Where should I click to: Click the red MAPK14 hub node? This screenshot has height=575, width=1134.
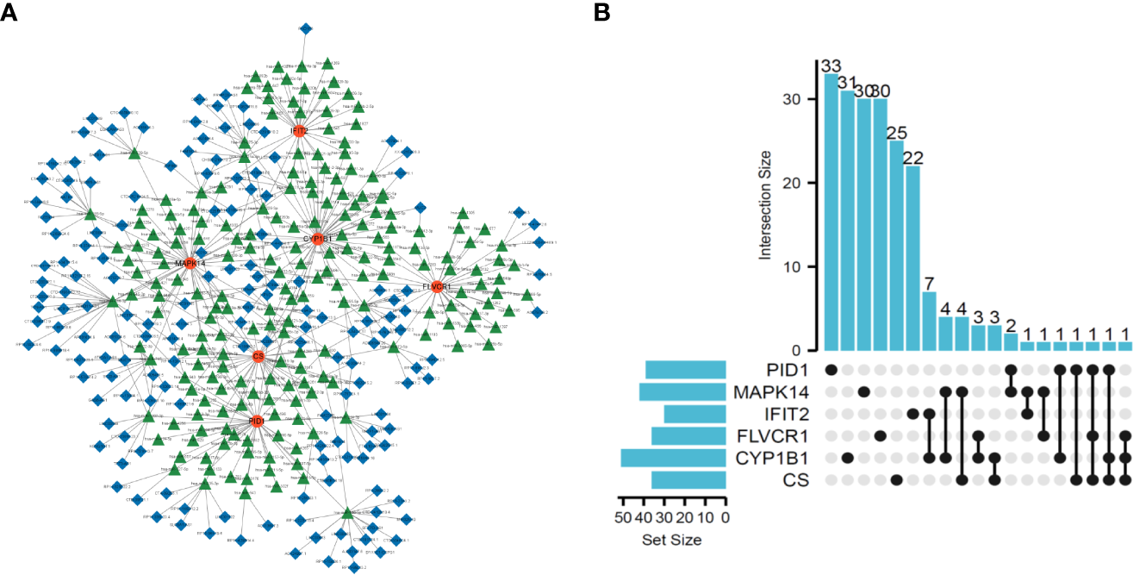(190, 263)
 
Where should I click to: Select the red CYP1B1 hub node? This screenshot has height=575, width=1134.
(317, 238)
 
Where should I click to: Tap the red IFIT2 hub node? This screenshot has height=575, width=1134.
(299, 131)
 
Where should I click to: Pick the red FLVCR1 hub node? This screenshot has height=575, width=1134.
(436, 286)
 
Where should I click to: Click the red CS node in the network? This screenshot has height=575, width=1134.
(258, 356)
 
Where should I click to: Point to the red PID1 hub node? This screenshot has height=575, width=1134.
(256, 421)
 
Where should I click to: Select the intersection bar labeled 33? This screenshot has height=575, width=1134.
(832, 212)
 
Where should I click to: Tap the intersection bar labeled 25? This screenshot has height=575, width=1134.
(896, 246)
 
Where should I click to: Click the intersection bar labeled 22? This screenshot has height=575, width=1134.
(913, 259)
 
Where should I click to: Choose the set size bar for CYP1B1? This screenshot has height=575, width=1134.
(673, 458)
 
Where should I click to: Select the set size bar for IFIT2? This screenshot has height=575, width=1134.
(695, 414)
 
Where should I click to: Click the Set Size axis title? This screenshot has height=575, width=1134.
(672, 541)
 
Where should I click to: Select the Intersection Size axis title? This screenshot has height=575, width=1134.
(765, 206)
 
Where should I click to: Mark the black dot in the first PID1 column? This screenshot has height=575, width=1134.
(832, 370)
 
